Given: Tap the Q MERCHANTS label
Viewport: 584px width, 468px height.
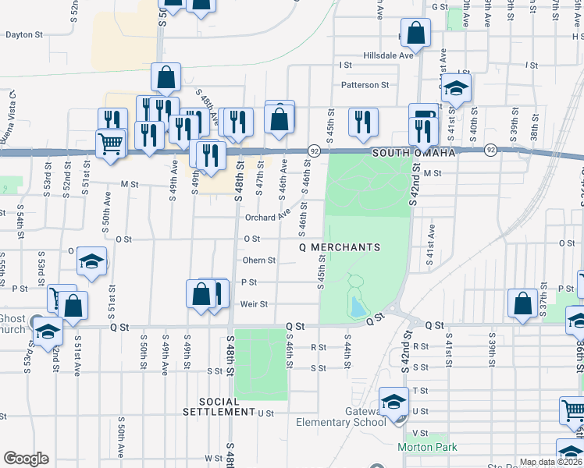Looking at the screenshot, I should point(340,247).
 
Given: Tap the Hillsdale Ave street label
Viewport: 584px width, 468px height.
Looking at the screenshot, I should point(388,56).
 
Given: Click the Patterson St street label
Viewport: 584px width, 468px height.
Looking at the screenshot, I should point(364,85).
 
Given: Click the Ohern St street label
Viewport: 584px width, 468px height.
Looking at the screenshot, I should point(259,261).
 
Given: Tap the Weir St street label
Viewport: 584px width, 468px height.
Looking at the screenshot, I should point(254,304).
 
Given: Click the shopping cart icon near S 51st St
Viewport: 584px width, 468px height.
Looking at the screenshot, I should point(110,143).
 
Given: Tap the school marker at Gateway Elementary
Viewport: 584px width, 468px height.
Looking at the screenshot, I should point(394,402).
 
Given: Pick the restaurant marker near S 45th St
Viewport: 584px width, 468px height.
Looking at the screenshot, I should point(362,121).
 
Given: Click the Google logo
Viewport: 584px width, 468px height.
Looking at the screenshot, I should point(26,459).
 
